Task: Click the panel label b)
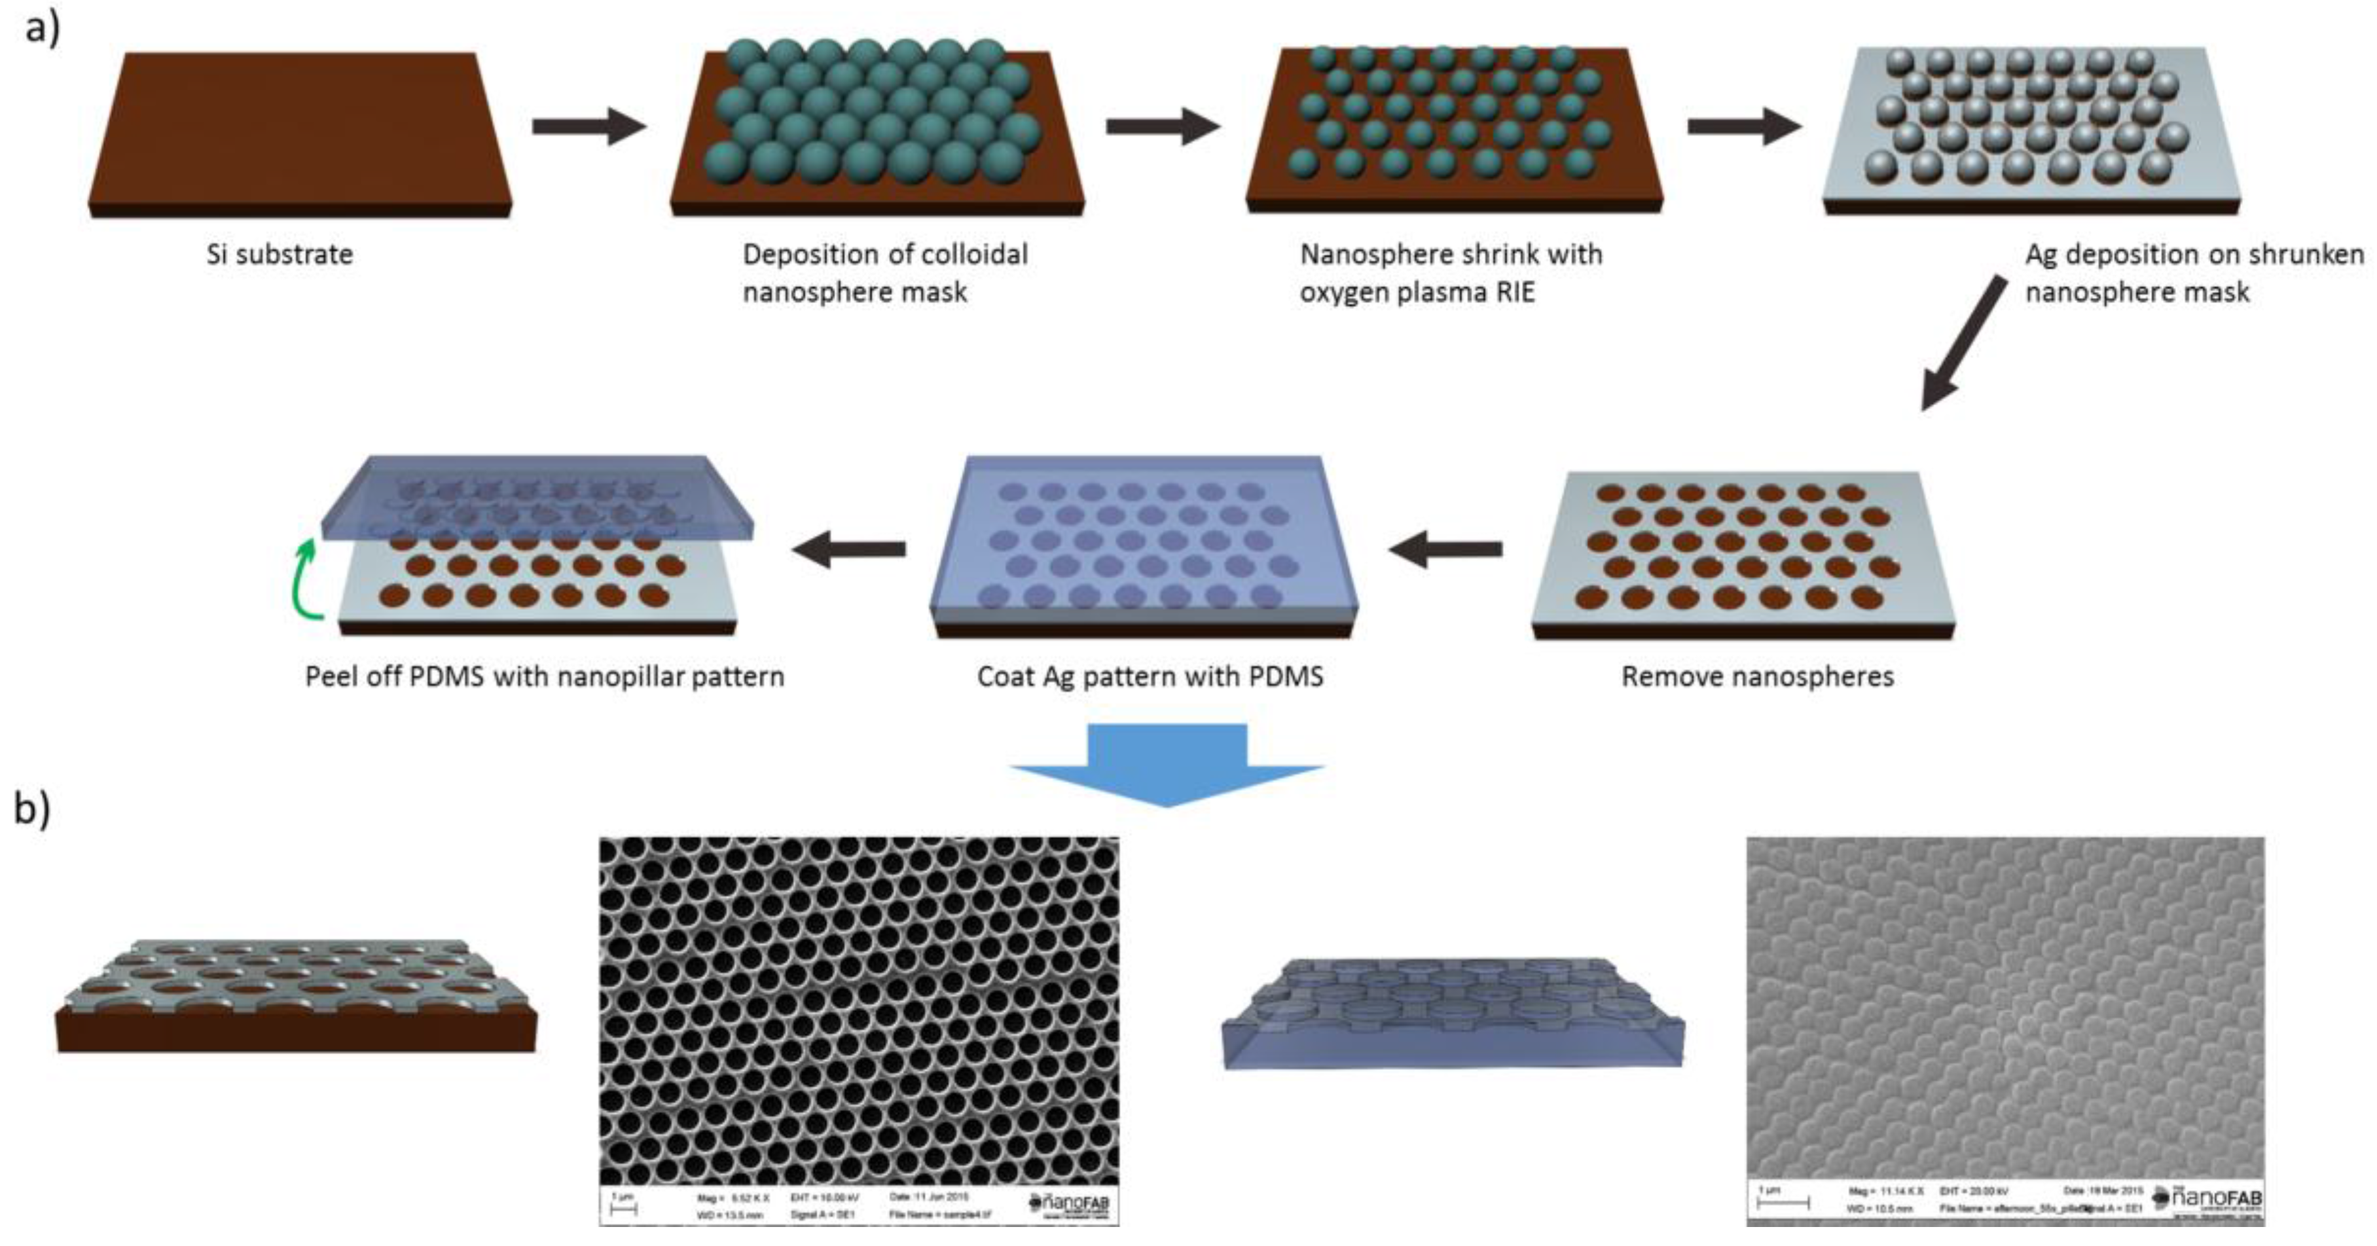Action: [x=32, y=809]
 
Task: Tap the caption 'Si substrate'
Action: [x=280, y=254]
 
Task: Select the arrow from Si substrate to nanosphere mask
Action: [x=589, y=126]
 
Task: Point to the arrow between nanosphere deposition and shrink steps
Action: [x=1163, y=126]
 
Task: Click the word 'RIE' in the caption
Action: [x=1509, y=293]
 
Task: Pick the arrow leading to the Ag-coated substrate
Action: [x=1744, y=126]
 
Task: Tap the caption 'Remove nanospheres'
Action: [x=1757, y=676]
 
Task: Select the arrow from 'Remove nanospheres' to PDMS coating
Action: [x=1445, y=550]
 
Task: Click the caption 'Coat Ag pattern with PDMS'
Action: [x=1150, y=676]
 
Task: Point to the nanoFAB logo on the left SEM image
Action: [x=1070, y=1203]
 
